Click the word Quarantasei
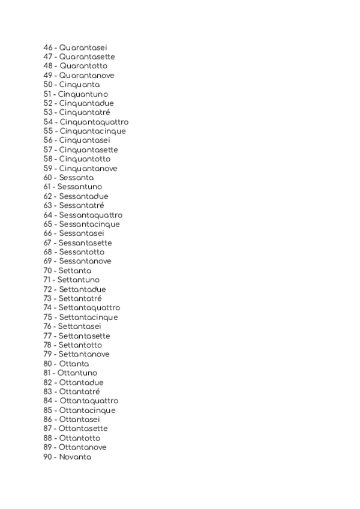tap(83, 47)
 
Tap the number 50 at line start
tap(49, 85)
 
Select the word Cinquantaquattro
tap(94, 122)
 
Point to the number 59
tap(49, 169)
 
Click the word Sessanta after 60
tap(76, 178)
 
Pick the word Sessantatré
tap(82, 206)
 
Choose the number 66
tap(48, 233)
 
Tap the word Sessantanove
tap(85, 262)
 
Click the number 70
tap(48, 271)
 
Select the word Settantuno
tap(78, 280)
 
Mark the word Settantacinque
tap(88, 318)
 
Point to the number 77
tap(47, 336)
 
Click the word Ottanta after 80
tap(74, 364)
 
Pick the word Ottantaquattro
tap(89, 401)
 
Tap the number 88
tap(48, 438)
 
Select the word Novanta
tap(75, 457)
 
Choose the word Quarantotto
tap(83, 66)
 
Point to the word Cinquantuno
tap(83, 94)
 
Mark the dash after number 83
tap(56, 392)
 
